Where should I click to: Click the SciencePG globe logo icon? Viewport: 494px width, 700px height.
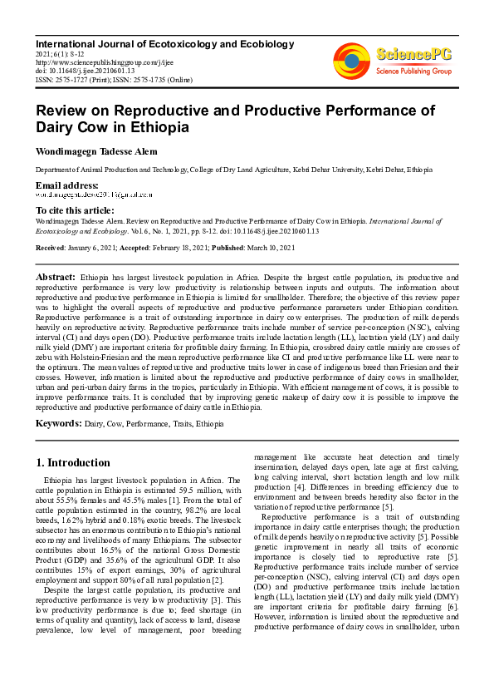[352, 62]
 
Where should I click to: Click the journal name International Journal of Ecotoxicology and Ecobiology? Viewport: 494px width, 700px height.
[164, 43]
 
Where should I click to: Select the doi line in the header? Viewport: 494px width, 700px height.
[85, 70]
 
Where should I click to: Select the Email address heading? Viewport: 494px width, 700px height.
[67, 184]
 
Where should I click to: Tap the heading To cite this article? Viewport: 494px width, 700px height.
[75, 210]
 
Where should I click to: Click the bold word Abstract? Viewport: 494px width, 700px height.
[56, 276]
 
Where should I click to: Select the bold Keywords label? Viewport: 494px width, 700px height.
[58, 423]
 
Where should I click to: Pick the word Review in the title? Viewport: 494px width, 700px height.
[61, 110]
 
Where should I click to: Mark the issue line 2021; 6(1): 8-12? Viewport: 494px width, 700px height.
[62, 52]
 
